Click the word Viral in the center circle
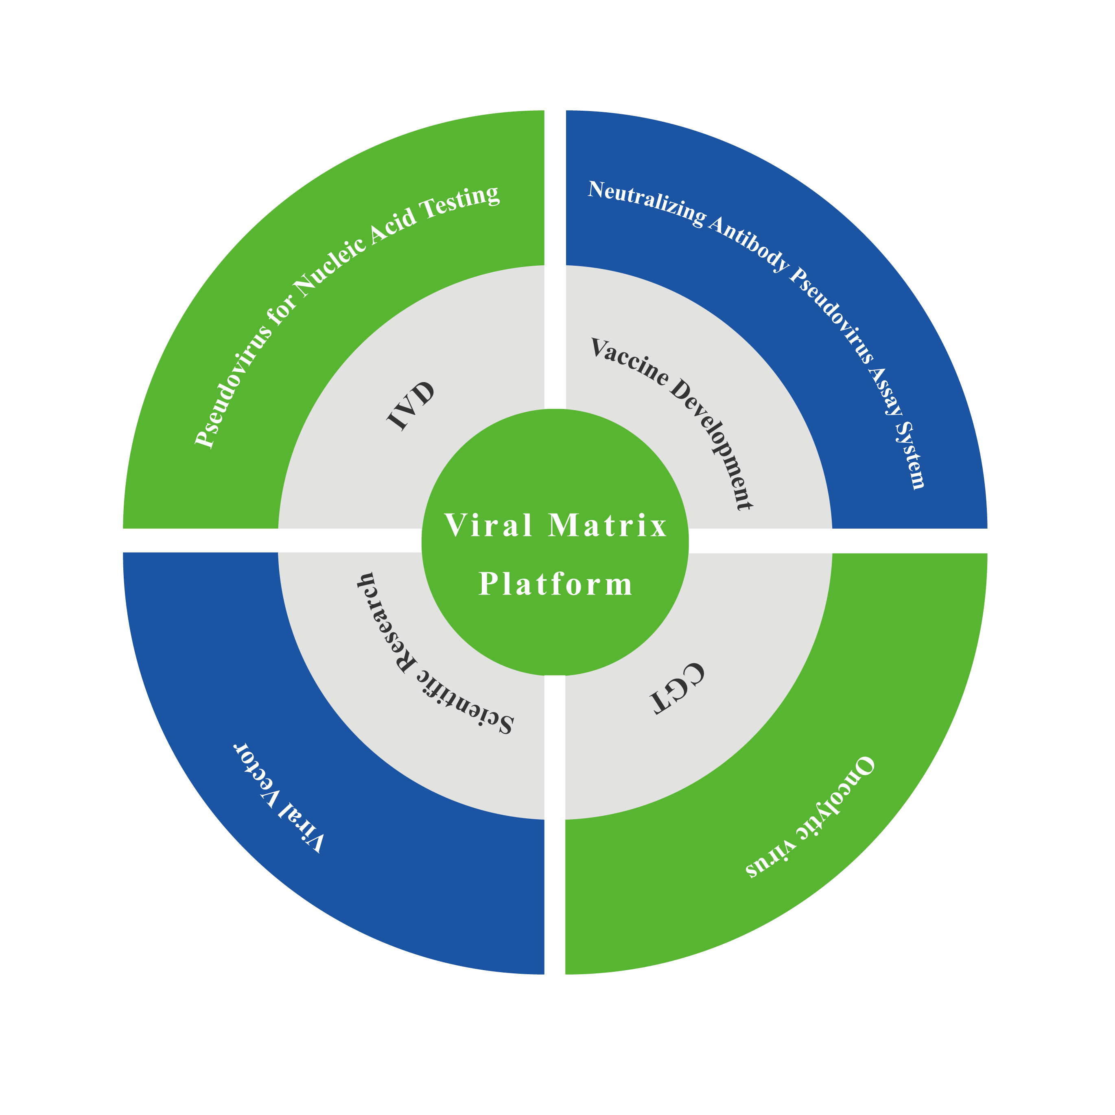click(x=488, y=526)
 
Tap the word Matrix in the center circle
click(x=608, y=526)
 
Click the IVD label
click(x=410, y=406)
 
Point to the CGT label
click(x=676, y=688)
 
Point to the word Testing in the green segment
click(x=462, y=202)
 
